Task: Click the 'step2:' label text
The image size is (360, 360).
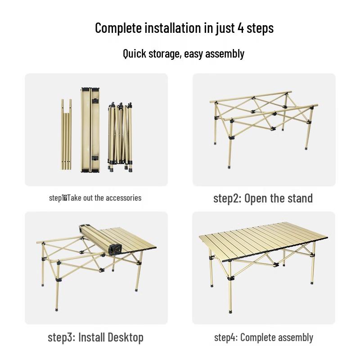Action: (x=227, y=198)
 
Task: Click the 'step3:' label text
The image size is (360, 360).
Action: (x=63, y=337)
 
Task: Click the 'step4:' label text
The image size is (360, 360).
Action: (x=226, y=337)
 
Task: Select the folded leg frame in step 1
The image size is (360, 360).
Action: (x=120, y=135)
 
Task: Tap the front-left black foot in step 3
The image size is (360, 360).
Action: (x=57, y=309)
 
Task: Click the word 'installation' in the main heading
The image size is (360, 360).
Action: (x=171, y=28)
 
